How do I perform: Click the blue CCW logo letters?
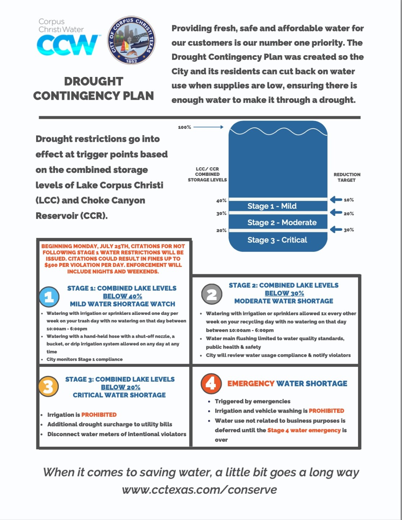point(67,45)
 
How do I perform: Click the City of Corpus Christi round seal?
point(131,40)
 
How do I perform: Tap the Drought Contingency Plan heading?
point(93,88)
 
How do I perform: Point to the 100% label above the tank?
point(184,127)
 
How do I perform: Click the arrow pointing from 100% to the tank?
point(209,127)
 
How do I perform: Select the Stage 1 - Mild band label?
point(272,206)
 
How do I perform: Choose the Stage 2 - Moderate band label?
point(282,222)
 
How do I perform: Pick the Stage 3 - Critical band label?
point(277,240)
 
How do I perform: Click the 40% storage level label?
point(221,200)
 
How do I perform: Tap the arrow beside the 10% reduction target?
point(336,199)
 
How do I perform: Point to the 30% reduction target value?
point(349,230)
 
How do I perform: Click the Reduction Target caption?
point(347,177)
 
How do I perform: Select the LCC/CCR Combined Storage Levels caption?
point(207,174)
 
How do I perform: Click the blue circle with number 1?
point(49,296)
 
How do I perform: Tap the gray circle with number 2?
point(211,294)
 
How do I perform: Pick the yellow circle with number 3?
point(48,386)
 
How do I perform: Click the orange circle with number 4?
point(211,383)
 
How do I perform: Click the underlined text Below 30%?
point(284,293)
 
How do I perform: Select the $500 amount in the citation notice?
point(51,265)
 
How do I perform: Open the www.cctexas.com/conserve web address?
point(200,490)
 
